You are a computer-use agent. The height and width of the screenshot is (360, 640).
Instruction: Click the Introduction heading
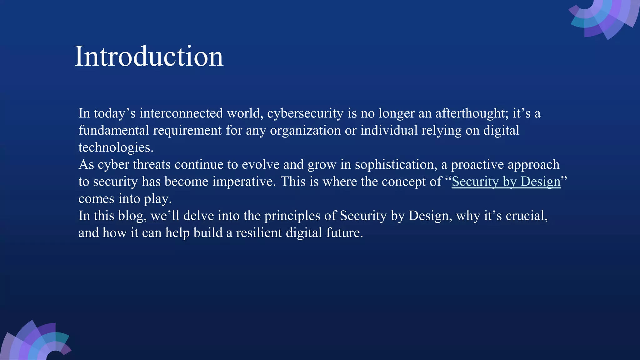149,56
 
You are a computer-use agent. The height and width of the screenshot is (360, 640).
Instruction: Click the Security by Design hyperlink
506,182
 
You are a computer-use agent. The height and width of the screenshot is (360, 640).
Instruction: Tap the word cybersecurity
305,113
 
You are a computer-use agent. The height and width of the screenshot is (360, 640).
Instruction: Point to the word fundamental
113,130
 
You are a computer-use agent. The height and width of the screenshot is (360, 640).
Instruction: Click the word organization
305,131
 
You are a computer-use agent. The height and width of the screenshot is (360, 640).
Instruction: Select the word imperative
244,182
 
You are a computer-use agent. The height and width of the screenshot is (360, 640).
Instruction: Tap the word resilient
259,233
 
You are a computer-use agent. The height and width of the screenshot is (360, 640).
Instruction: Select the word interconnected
181,113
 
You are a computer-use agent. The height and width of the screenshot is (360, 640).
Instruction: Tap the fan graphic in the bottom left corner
36,342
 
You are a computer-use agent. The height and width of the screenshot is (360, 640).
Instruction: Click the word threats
152,165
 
